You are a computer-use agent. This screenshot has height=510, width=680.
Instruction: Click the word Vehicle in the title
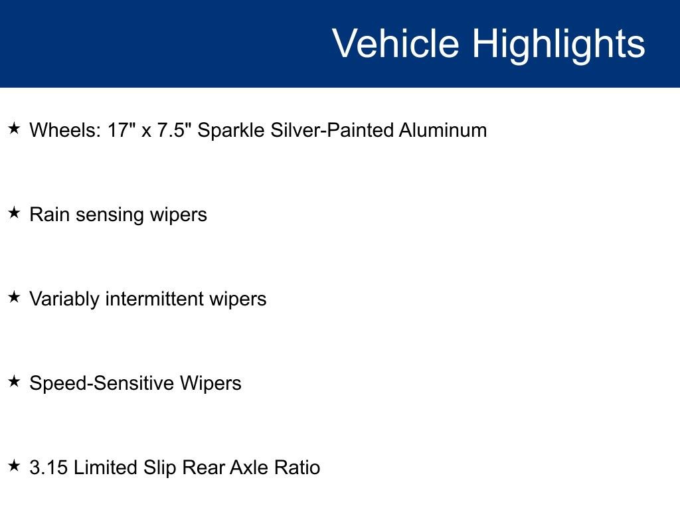coord(396,43)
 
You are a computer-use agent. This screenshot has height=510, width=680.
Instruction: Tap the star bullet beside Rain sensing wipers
coord(15,213)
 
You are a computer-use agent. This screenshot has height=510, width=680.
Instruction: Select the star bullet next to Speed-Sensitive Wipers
coord(15,381)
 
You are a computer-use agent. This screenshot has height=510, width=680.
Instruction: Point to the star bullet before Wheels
coord(15,128)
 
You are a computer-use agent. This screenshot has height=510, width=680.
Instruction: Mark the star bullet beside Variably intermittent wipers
coord(15,297)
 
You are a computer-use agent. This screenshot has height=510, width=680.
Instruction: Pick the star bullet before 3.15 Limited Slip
coord(15,466)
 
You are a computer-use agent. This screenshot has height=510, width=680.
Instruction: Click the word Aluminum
coord(443,129)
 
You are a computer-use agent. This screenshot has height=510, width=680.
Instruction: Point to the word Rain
coord(49,214)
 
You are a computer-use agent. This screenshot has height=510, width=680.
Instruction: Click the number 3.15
coord(48,467)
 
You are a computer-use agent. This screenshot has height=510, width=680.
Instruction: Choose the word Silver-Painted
coord(331,129)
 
